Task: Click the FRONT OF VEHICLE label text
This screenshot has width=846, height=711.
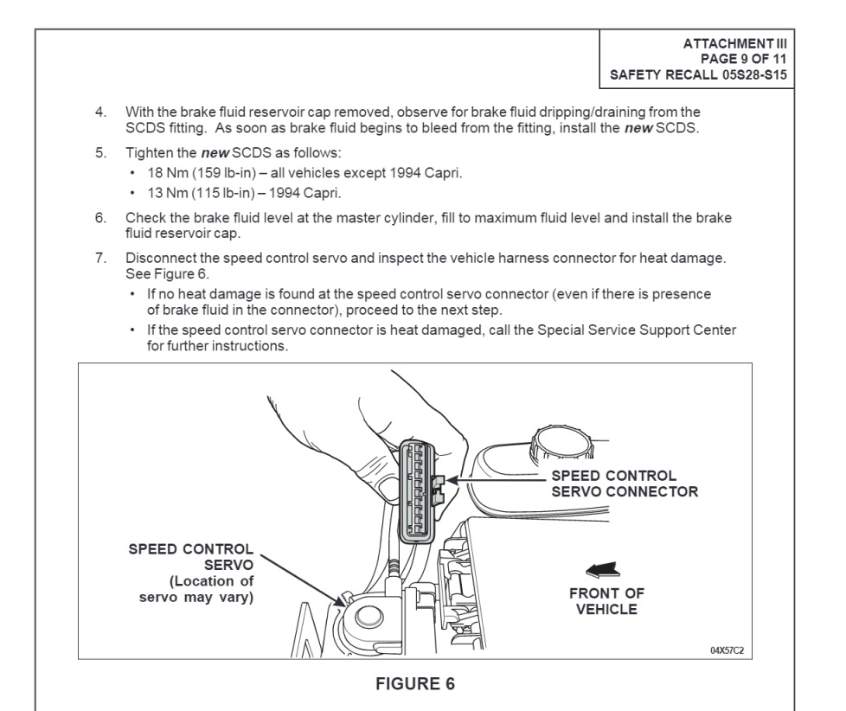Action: [606, 601]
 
